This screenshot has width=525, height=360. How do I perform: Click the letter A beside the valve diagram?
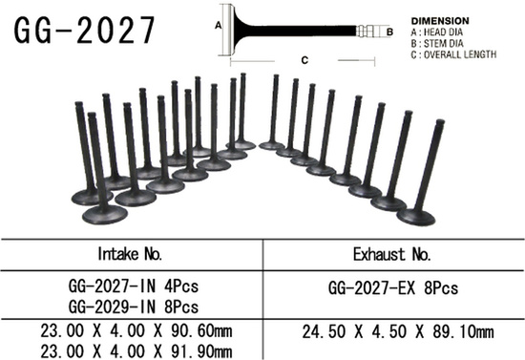(x=218, y=21)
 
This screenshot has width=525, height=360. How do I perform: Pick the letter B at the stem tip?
(x=390, y=32)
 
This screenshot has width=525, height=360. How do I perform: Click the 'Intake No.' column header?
(x=131, y=254)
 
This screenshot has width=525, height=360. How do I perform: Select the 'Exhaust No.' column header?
(x=393, y=255)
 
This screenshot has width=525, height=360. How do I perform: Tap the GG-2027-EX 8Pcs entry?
(x=393, y=286)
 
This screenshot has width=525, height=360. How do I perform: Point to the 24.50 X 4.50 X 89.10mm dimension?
(x=393, y=331)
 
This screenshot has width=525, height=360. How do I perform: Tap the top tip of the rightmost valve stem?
(x=440, y=123)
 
